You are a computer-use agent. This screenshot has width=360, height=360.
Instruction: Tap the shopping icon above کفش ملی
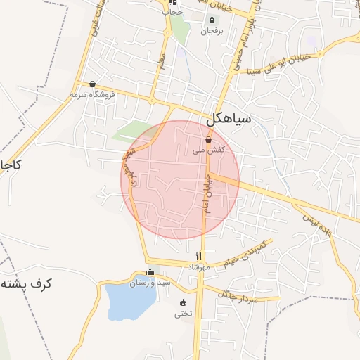(208, 140)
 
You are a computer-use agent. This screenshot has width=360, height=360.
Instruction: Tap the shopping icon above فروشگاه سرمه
(92, 84)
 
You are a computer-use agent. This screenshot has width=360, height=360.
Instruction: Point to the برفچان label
(211, 32)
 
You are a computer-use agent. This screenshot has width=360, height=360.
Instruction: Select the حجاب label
(172, 13)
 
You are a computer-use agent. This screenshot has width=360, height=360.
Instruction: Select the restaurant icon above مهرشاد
(199, 256)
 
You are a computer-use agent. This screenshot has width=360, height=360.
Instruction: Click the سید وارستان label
(153, 283)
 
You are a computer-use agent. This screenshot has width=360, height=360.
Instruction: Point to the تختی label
(183, 314)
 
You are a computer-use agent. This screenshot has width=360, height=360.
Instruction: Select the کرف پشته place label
(27, 284)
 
